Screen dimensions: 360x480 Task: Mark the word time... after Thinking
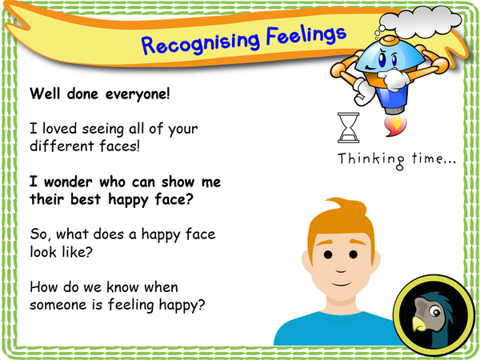tap(431, 158)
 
